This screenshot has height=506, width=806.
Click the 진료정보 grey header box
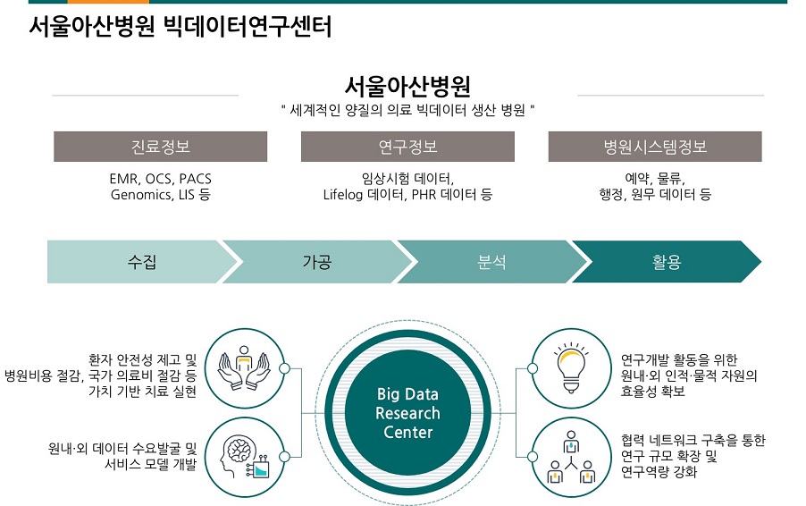click(x=160, y=147)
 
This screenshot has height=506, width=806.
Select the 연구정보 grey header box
click(x=407, y=147)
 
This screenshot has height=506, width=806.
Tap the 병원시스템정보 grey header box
click(x=655, y=147)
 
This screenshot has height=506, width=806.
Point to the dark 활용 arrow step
click(x=667, y=262)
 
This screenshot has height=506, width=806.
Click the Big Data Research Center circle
click(x=408, y=413)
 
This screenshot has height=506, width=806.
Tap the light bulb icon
click(x=571, y=367)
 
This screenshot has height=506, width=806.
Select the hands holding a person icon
click(x=244, y=367)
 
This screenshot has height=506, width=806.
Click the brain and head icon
click(x=244, y=457)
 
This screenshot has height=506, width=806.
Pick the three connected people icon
click(x=571, y=457)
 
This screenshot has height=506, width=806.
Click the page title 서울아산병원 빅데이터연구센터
click(x=180, y=26)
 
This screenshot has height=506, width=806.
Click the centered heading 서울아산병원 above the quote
click(x=407, y=86)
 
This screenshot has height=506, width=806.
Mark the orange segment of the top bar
click(x=108, y=2)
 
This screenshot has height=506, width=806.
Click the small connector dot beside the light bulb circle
click(x=533, y=368)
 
